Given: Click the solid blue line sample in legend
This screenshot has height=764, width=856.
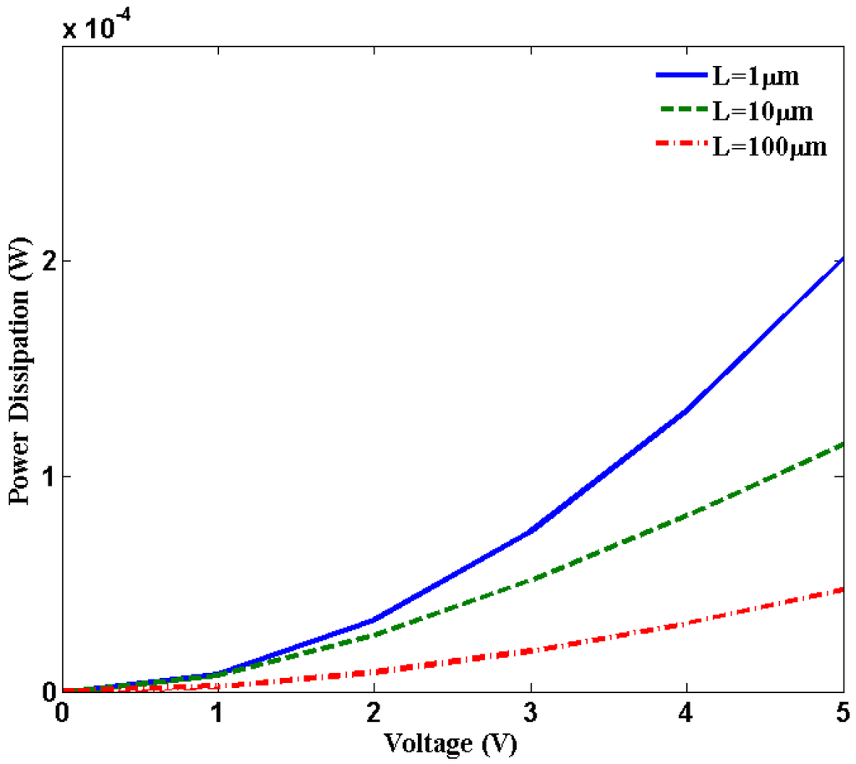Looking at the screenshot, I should pos(679,76).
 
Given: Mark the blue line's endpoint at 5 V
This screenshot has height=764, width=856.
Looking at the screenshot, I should pos(843,259).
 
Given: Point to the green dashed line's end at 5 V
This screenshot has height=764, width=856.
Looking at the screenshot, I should pos(843,445).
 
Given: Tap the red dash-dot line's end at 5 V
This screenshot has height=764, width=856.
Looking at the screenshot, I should pos(843,589).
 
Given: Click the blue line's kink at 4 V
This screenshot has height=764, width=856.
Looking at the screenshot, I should pos(686,411).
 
